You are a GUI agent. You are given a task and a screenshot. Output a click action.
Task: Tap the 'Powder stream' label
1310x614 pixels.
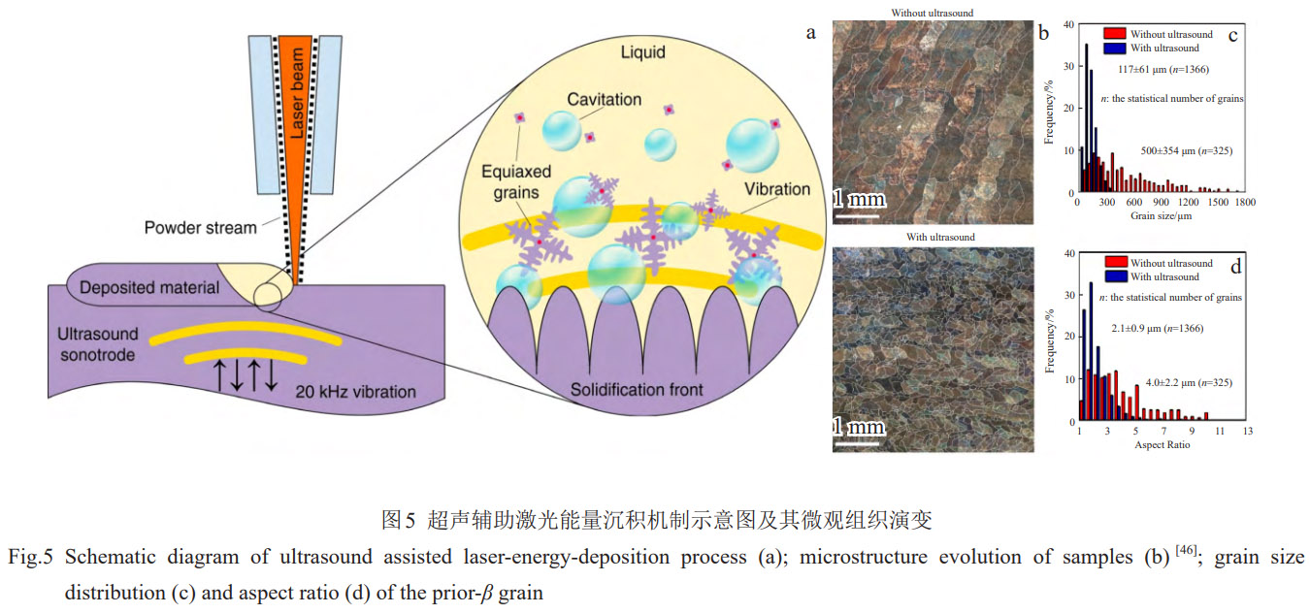(x=201, y=228)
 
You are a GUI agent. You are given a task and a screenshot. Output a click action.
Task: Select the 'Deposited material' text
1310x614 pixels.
(x=149, y=287)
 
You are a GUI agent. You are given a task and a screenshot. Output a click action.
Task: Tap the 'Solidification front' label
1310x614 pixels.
(x=624, y=390)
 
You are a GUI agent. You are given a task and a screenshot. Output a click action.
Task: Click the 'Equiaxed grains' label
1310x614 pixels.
(x=516, y=181)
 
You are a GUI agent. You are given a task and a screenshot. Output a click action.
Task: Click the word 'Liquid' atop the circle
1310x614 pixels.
(x=643, y=52)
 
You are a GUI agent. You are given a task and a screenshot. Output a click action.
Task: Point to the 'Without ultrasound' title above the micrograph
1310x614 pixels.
(x=933, y=13)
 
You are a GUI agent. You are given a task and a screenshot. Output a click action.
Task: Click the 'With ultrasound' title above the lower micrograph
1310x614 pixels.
(x=933, y=237)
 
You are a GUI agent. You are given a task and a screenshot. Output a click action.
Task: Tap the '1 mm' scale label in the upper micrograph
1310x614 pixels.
(x=859, y=199)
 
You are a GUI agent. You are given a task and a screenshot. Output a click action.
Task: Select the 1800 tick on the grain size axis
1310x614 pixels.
(x=1244, y=203)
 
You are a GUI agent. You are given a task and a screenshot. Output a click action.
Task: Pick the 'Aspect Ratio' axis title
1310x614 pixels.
(x=1162, y=444)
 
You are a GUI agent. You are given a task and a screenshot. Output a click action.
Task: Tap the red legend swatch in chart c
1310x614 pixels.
(x=1114, y=34)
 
